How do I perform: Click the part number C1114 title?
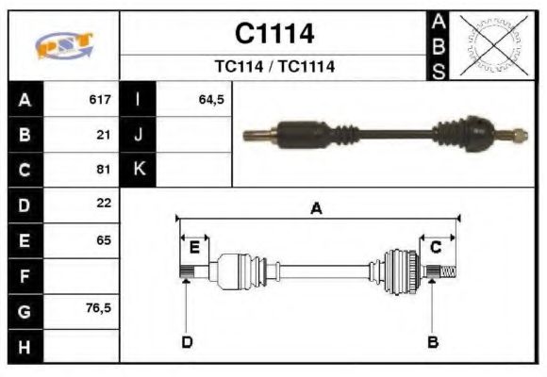click(x=273, y=34)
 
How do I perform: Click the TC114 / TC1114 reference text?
click(x=273, y=67)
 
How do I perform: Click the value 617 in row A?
click(x=100, y=99)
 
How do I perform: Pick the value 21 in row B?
click(x=104, y=135)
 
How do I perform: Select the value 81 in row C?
click(x=104, y=170)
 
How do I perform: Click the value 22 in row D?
click(x=104, y=203)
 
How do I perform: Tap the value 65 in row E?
click(x=104, y=239)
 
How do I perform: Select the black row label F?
click(x=25, y=276)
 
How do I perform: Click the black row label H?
click(x=25, y=345)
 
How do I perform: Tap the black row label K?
click(x=139, y=170)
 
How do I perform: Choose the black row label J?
click(x=139, y=135)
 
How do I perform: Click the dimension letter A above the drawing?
click(x=317, y=208)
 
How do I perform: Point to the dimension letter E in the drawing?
click(x=194, y=247)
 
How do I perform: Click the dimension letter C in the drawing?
click(x=436, y=247)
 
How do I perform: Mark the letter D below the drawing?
click(x=187, y=341)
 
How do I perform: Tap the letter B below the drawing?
click(x=433, y=341)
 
